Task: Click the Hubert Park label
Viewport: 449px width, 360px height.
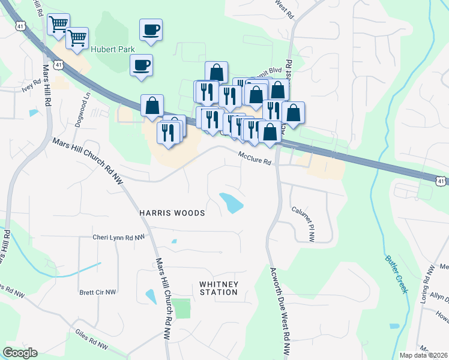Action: coord(113,50)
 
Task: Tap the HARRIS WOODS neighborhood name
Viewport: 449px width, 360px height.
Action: coord(172,213)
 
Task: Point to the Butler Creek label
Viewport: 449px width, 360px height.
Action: coord(396,272)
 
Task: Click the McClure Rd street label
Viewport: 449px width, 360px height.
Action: coord(255,158)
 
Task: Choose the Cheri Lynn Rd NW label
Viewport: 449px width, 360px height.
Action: coord(119,238)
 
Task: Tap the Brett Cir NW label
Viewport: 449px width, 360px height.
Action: coord(97,292)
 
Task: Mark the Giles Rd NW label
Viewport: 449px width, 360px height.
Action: coord(91,339)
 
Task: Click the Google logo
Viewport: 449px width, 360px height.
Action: coord(20,353)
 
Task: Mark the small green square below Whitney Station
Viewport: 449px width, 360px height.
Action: coord(182,308)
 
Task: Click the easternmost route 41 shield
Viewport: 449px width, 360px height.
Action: coord(441,181)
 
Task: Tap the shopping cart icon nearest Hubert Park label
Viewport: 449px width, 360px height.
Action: coord(77,38)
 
